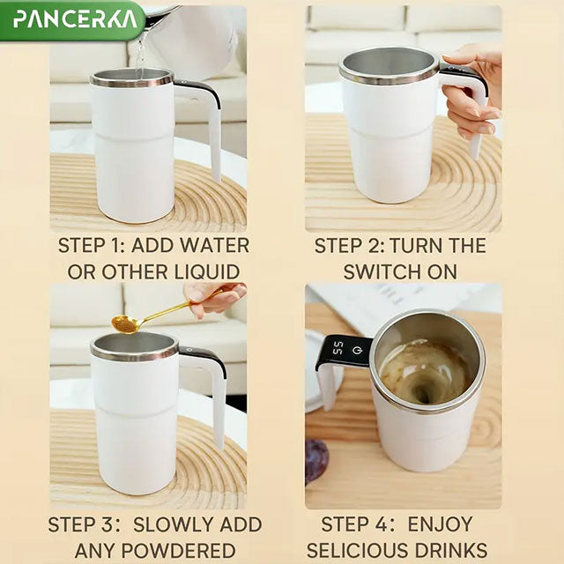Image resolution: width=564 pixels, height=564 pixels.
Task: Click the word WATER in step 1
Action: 212,245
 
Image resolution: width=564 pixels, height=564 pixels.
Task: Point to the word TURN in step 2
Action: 418,245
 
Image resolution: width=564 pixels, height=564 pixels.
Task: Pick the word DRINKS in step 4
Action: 456,552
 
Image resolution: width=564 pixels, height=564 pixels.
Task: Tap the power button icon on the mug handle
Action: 357,350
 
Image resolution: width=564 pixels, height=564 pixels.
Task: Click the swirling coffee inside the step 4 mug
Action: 425,371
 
